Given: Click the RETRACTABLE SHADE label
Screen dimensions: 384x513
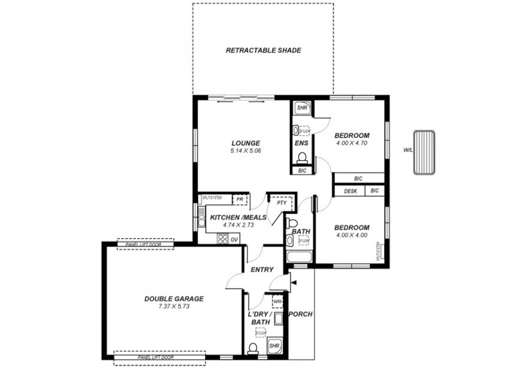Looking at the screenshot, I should point(264,50).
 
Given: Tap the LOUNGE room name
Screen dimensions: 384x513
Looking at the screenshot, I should point(246,142).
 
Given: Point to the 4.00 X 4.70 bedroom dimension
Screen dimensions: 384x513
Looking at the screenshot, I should point(351,143).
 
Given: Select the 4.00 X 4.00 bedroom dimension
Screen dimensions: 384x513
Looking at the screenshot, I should point(351,235).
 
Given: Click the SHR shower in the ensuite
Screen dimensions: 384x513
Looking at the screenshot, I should point(301,109).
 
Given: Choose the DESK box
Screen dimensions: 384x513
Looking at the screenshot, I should point(350,191).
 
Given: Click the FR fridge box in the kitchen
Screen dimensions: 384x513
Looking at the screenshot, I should point(239,200).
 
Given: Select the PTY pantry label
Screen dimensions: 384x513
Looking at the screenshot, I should point(281,202).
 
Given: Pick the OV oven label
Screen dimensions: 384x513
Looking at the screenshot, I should point(235,239).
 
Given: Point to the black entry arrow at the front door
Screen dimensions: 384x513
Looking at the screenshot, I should point(293,280).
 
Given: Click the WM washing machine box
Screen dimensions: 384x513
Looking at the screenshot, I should point(278,300).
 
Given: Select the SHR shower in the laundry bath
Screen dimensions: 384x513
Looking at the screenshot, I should point(275,346).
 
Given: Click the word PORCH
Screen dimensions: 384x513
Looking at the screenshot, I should point(300,314).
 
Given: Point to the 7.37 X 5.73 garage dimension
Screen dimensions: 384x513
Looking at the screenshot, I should point(174,307).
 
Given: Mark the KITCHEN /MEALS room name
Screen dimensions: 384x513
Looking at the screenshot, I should point(238,217).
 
